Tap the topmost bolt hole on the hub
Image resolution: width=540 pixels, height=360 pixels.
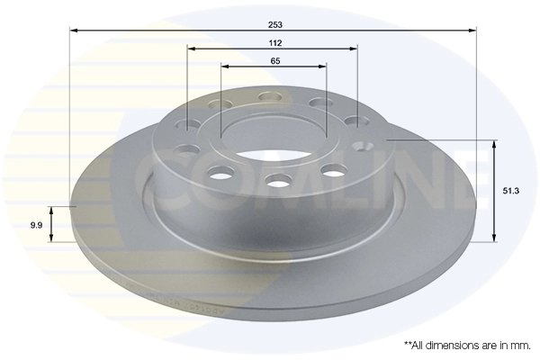coord(267,96)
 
